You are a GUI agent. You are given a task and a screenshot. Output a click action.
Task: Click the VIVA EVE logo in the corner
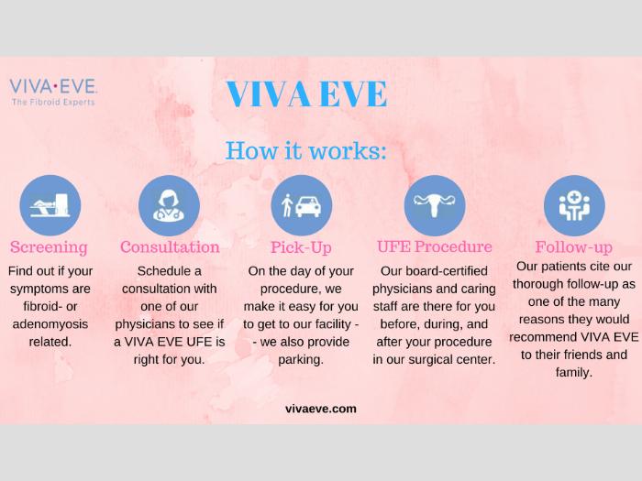coord(53,93)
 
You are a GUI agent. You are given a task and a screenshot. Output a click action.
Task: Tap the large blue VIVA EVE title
coord(306,94)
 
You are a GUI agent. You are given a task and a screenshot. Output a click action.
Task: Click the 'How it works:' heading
coord(305,150)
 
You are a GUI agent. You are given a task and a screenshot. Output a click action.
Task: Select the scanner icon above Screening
coord(50,205)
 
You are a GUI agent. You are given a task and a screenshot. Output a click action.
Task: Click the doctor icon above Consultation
coord(169,205)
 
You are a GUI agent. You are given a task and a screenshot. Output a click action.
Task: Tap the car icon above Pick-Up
coord(302,205)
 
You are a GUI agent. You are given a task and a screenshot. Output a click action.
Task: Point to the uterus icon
coord(435,205)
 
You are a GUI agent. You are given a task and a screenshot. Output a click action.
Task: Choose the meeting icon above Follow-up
coord(574,205)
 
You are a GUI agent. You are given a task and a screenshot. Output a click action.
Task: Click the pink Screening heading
coord(49,247)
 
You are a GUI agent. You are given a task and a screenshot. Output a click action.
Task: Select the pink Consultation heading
coord(170,247)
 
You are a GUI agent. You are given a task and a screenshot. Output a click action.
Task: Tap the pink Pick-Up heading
coord(301,247)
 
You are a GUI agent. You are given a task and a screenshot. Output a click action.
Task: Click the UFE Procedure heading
coord(435,246)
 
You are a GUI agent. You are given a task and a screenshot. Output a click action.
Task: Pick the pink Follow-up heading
coord(573,247)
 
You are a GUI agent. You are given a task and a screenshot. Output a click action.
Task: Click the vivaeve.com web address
coord(321,409)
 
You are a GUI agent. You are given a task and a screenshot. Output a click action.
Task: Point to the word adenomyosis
coord(50,324)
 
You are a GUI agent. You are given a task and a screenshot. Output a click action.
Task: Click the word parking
coord(301,360)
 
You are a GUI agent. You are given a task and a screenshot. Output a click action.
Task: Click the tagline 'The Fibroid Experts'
coord(53,102)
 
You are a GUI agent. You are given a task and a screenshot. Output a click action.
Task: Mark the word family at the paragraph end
coord(573,373)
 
